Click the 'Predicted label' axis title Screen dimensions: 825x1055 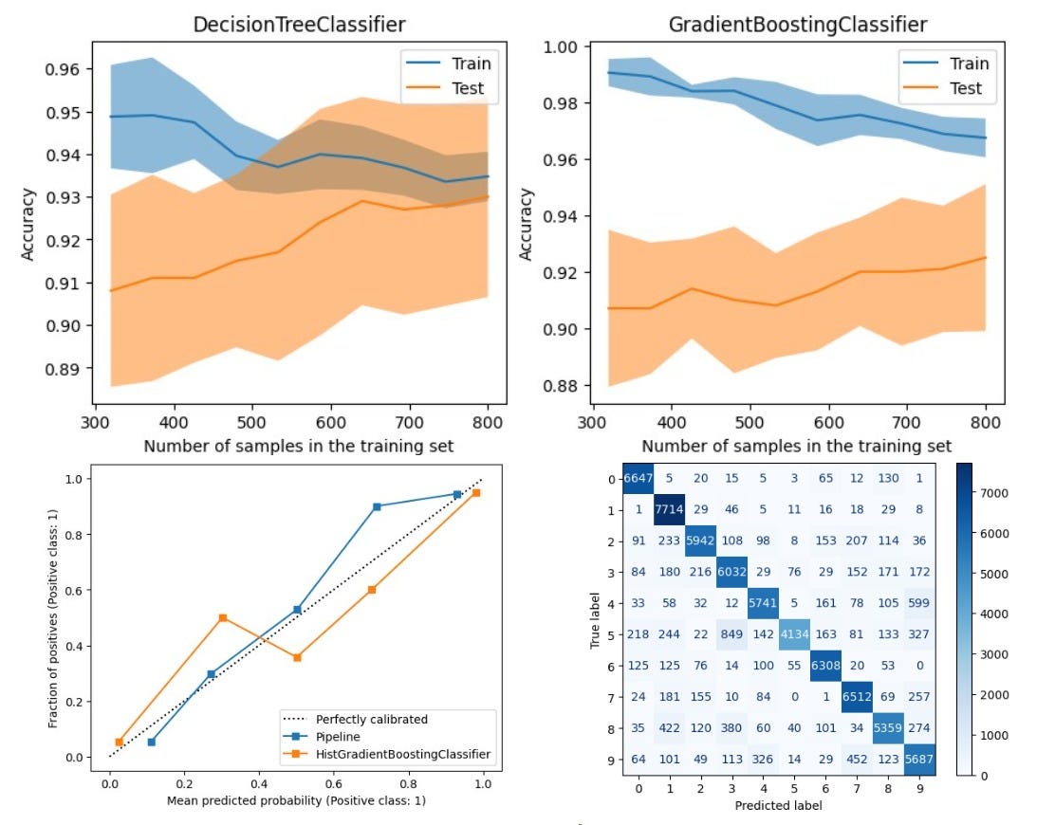(x=779, y=806)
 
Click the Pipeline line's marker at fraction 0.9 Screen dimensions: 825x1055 (x=377, y=507)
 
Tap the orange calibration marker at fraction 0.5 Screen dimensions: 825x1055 (x=222, y=617)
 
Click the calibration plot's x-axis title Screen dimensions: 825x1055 (x=296, y=800)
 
